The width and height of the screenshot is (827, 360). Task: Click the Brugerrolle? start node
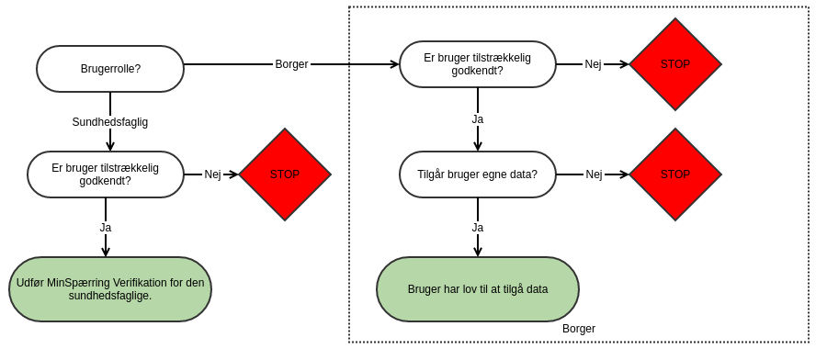110,69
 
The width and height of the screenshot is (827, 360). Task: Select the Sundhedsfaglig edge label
110,121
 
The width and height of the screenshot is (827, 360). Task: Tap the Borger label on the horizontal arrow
291,64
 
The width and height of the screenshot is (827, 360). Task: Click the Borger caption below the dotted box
579,329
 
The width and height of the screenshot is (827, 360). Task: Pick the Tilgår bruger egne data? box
478,174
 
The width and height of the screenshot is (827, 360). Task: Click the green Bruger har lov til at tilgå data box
478,289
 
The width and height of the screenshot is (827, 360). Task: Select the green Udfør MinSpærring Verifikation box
110,289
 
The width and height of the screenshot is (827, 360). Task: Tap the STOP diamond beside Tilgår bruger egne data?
675,174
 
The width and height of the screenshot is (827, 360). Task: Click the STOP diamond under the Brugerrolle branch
285,174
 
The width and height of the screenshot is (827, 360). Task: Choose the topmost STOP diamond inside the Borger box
675,64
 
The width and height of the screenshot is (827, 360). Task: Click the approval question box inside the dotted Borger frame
478,64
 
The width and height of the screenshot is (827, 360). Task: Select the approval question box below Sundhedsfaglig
106,174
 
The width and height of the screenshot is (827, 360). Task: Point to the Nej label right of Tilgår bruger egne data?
594,174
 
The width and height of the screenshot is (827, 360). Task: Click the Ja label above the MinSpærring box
106,227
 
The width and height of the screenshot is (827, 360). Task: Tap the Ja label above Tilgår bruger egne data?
478,119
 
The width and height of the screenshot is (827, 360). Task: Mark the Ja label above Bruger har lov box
478,227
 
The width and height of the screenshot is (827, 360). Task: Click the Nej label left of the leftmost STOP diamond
212,174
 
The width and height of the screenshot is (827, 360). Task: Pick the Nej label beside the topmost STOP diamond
594,64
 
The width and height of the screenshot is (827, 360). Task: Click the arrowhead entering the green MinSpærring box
106,252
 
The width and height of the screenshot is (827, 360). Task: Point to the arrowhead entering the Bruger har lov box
478,252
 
